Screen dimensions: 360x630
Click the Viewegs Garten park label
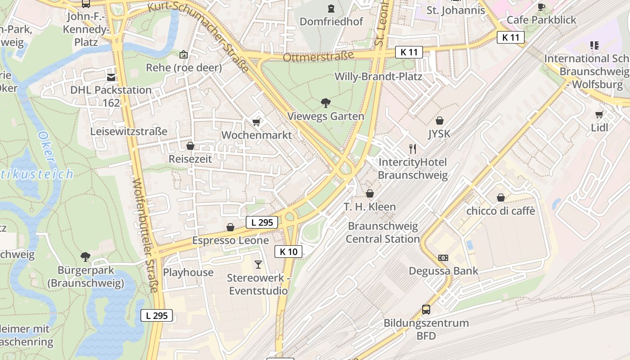click(x=325, y=116)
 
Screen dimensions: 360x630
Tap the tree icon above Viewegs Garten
click(x=325, y=103)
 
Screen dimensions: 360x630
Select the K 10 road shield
click(x=288, y=252)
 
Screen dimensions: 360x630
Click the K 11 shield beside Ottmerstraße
click(x=409, y=52)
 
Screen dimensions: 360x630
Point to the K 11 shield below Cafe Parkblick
click(x=511, y=37)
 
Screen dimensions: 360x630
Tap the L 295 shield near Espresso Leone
click(x=261, y=222)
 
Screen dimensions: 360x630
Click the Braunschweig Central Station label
click(x=382, y=232)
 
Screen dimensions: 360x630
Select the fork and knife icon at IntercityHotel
click(x=412, y=148)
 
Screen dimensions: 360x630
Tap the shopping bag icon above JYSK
click(x=440, y=121)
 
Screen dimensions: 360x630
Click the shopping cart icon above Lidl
click(x=599, y=114)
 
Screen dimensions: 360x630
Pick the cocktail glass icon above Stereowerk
click(x=258, y=264)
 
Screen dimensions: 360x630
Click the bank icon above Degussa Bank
click(x=443, y=258)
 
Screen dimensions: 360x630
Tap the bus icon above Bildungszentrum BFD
click(x=426, y=310)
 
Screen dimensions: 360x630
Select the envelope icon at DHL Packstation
click(x=111, y=77)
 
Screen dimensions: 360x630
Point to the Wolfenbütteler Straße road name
click(x=144, y=234)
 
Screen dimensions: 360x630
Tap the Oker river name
click(x=46, y=146)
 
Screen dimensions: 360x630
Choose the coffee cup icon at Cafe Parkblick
click(x=541, y=7)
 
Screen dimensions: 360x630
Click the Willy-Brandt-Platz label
click(x=378, y=76)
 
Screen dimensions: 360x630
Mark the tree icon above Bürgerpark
click(x=85, y=257)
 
